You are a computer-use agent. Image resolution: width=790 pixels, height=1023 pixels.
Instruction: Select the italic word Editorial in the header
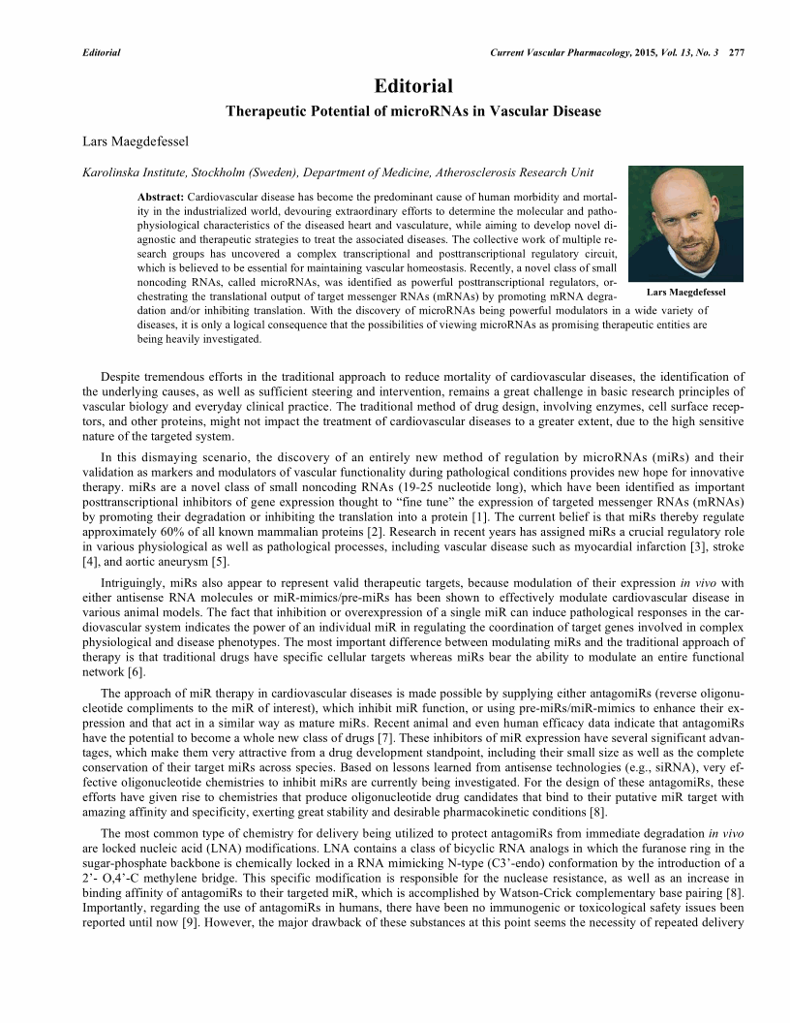[102, 51]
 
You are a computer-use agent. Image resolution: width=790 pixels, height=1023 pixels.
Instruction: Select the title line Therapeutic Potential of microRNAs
[413, 111]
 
